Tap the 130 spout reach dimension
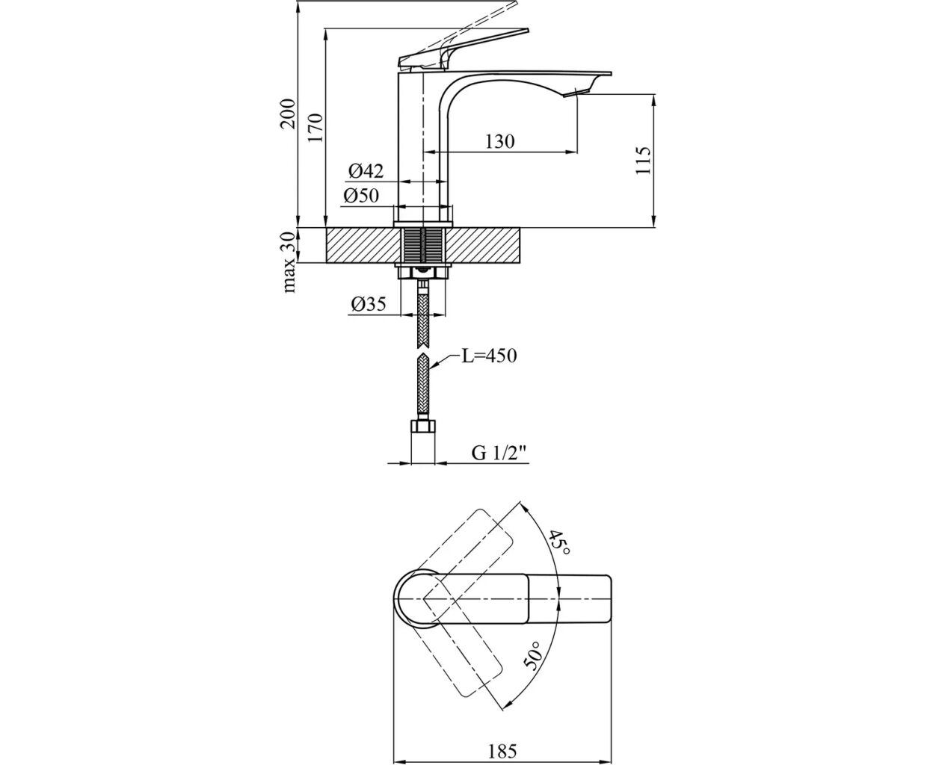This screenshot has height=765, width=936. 499,141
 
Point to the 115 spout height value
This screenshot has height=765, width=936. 644,161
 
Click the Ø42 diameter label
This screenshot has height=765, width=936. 365,171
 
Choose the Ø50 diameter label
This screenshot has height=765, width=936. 362,196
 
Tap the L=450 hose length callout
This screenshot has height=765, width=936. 488,356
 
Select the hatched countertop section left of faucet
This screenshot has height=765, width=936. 359,245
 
